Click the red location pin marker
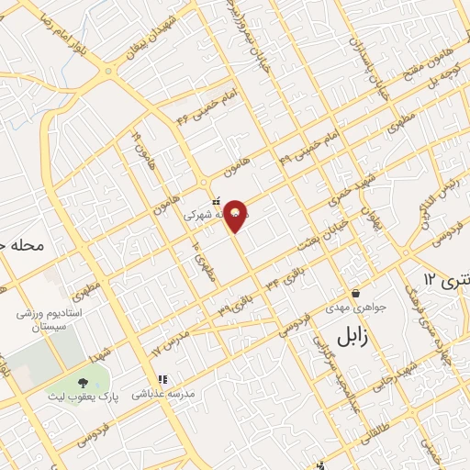[x=237, y=216]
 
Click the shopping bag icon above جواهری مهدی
[x=355, y=294]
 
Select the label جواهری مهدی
[x=362, y=309]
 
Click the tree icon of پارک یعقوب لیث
[x=84, y=382]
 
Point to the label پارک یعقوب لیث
[x=84, y=397]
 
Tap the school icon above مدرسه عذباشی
[x=162, y=378]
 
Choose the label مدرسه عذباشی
[x=162, y=394]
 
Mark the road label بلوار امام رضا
[x=55, y=40]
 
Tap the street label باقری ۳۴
[x=284, y=277]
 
